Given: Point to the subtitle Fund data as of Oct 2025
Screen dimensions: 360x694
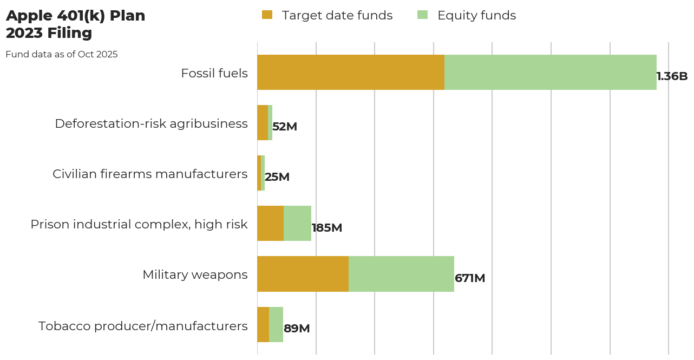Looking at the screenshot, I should (61, 55).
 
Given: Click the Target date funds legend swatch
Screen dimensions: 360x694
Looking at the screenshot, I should (267, 15).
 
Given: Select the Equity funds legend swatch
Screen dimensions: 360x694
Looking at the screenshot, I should (422, 15).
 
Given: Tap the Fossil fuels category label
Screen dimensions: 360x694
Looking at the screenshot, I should (214, 73).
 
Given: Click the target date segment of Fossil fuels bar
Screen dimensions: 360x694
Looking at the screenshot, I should (350, 72).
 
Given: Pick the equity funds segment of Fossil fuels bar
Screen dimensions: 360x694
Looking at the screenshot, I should (550, 72).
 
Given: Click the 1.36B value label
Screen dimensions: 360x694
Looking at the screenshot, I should (672, 76).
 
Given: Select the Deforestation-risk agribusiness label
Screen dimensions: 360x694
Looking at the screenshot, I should (151, 123).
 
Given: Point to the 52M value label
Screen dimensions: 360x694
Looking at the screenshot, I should (285, 127).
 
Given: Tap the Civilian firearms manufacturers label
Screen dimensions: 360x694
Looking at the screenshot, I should (150, 174).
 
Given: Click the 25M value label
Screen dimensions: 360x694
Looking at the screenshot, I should (277, 177).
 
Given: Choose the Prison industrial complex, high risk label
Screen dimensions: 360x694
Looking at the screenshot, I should (139, 224).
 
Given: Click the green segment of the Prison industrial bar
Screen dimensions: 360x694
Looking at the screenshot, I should (297, 223).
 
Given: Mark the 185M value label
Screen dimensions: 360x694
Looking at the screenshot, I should (327, 228).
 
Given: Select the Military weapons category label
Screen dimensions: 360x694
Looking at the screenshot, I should (195, 274).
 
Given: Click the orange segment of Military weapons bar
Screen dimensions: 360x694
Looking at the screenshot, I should (303, 274).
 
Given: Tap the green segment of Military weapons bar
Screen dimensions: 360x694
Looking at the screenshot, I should (401, 274).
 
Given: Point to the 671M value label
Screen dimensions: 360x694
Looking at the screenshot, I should (470, 278).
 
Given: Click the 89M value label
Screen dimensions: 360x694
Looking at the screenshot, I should (297, 329).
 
